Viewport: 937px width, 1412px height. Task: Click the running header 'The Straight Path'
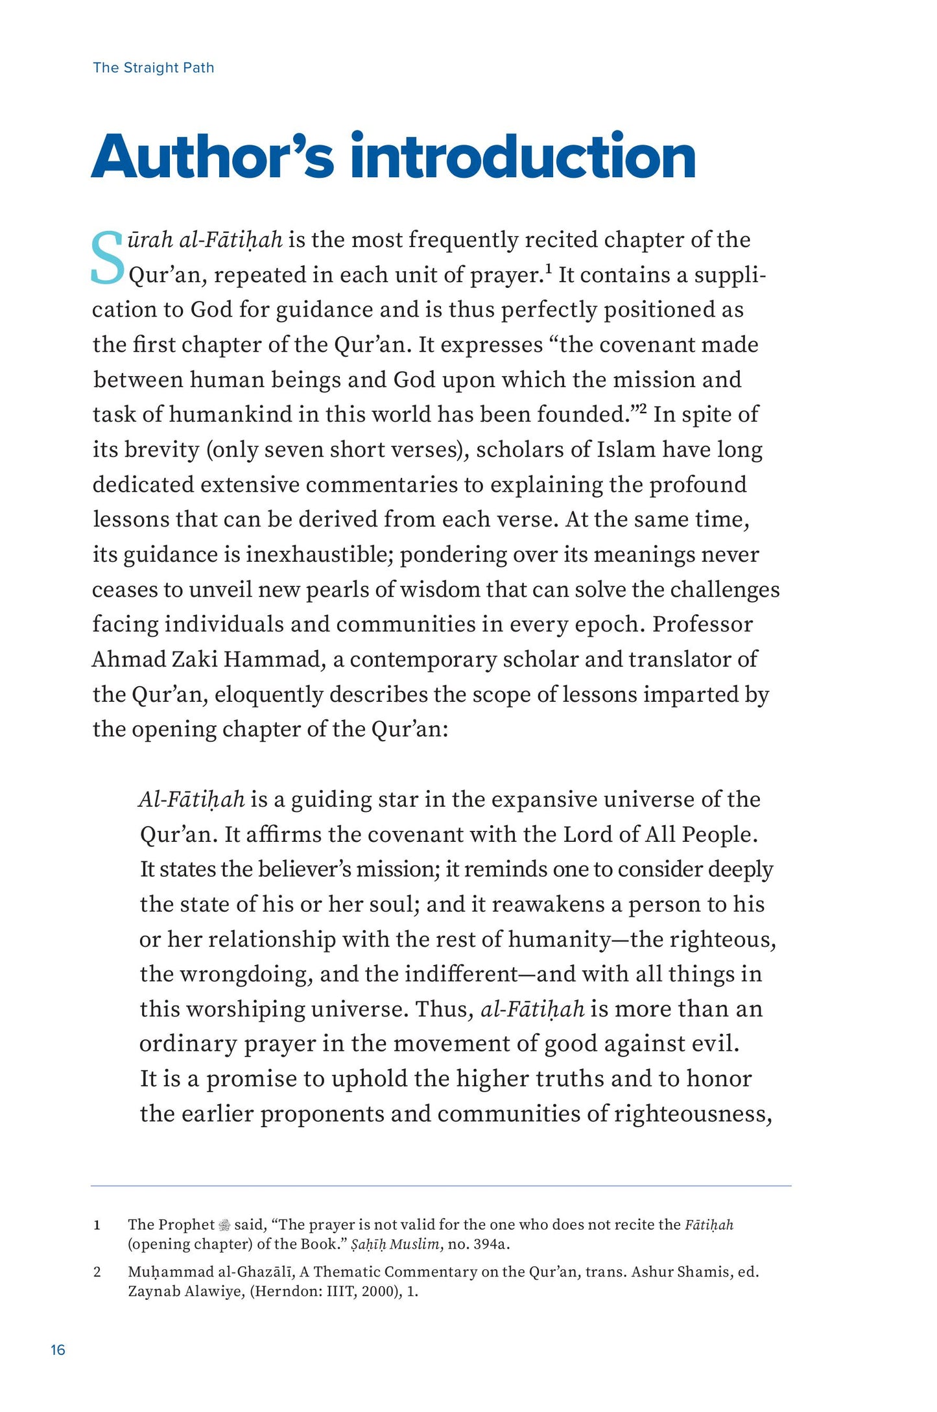coord(153,67)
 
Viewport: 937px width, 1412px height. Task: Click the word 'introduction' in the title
coord(523,157)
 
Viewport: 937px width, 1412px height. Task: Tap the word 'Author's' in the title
coord(213,157)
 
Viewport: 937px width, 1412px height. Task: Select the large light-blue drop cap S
coord(107,258)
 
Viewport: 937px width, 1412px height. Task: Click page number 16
coord(58,1350)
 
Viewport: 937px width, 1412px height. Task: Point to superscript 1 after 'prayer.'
coord(548,268)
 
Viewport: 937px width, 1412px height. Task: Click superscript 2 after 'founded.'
coord(643,408)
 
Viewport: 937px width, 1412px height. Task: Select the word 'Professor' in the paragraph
coord(702,625)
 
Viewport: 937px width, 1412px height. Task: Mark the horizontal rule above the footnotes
coord(441,1186)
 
